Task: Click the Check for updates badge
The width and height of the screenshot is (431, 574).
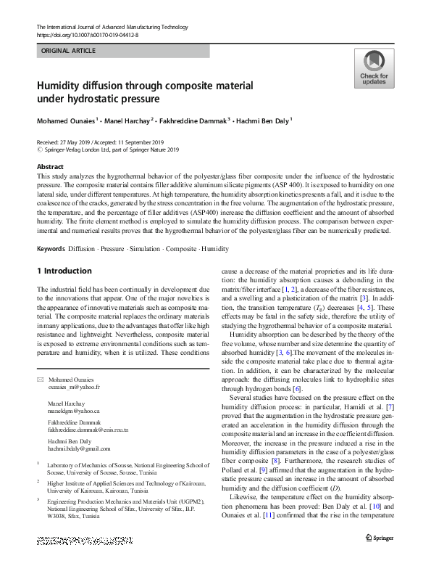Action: coord(374,68)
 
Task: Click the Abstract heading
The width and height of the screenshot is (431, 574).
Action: coord(50,167)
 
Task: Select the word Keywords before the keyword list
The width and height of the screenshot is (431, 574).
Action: coord(51,249)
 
